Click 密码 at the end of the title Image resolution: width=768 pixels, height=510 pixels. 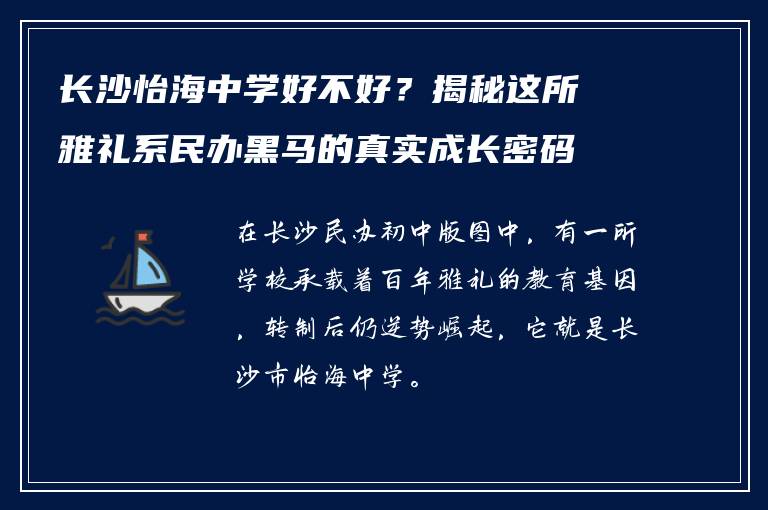click(x=546, y=152)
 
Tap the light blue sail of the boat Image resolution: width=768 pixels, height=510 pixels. click(x=151, y=265)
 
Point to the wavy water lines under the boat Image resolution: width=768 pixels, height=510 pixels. click(x=140, y=318)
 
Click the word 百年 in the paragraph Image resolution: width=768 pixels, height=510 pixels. click(x=420, y=282)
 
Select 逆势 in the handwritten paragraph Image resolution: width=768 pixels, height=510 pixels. click(x=400, y=330)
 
